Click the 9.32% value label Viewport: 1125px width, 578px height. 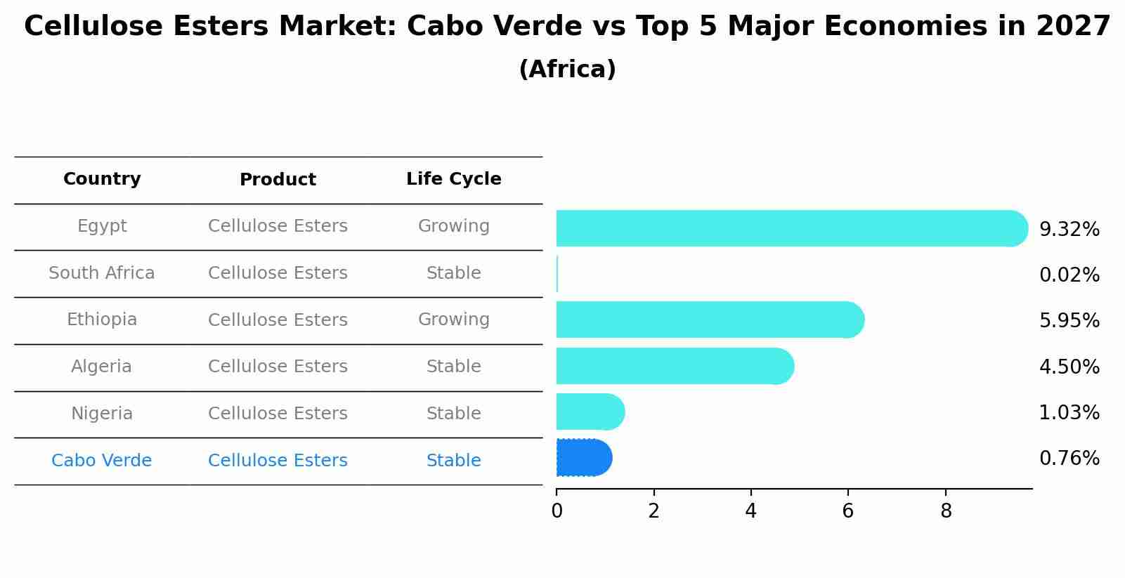point(1069,230)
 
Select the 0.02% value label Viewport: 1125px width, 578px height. point(1069,275)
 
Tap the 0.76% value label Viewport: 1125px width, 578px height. point(1069,459)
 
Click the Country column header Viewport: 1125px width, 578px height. point(102,179)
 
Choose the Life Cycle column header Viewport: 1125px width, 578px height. point(453,179)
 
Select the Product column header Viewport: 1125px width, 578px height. point(278,180)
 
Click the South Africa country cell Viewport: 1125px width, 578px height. point(102,273)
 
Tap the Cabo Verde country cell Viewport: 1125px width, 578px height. point(102,461)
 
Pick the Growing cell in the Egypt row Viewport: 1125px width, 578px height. point(453,226)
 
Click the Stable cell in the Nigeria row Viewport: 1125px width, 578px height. point(453,414)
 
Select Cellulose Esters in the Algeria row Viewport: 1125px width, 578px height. point(278,367)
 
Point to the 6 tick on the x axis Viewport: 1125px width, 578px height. point(848,511)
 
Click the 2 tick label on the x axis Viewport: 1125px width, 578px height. point(654,511)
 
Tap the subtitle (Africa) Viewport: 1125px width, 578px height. point(567,70)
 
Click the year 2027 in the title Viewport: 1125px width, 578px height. point(1073,27)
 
